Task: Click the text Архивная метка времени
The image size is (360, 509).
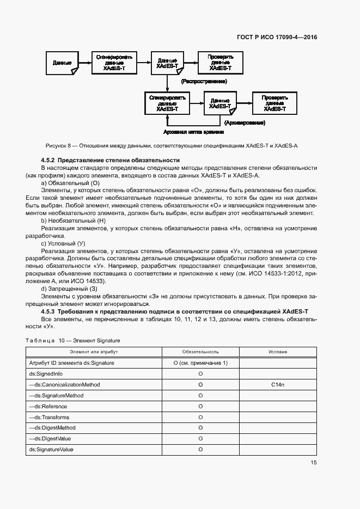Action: click(193, 132)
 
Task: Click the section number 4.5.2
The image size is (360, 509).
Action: click(49, 160)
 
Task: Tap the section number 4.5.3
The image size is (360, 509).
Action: click(49, 310)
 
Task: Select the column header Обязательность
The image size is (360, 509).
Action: click(200, 352)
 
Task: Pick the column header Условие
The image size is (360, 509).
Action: click(278, 352)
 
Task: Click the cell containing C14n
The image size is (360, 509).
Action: click(278, 384)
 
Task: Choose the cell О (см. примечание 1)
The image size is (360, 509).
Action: click(200, 363)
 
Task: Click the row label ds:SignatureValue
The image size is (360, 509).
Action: click(51, 449)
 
